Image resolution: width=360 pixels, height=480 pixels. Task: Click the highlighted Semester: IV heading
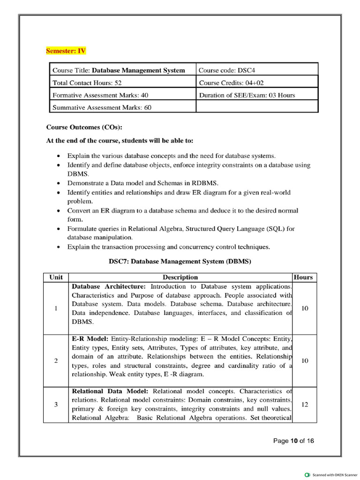point(66,51)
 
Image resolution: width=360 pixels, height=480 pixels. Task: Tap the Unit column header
point(56,277)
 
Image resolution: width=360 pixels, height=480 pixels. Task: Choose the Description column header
point(180,277)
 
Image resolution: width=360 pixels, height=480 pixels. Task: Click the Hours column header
point(303,277)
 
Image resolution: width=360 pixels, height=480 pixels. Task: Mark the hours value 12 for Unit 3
point(305,405)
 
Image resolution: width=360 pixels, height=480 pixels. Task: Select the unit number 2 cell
point(56,360)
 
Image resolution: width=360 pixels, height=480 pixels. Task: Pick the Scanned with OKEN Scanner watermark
point(334,474)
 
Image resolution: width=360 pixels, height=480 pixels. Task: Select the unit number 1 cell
point(56,308)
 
